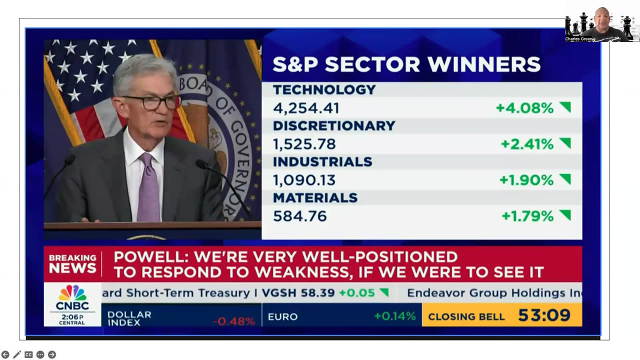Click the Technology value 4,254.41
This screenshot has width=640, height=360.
[x=306, y=108]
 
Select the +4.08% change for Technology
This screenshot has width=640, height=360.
[x=524, y=108]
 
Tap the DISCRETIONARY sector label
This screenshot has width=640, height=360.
[x=334, y=125]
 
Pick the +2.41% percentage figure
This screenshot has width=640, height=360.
[x=527, y=144]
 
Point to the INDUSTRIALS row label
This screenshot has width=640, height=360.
[x=322, y=162]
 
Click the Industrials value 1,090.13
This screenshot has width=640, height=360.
[x=304, y=180]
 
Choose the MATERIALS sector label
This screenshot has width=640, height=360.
[x=315, y=198]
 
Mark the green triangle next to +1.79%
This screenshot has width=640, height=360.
[x=565, y=215]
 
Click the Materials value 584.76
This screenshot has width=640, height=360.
[x=299, y=216]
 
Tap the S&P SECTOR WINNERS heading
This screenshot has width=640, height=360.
[x=406, y=64]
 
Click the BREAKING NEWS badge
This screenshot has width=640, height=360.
[x=72, y=263]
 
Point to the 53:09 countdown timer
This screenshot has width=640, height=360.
[x=544, y=315]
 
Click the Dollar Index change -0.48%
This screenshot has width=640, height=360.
[x=234, y=321]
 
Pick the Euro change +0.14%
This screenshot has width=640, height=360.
[x=394, y=316]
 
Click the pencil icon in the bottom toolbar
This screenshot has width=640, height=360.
[x=17, y=354]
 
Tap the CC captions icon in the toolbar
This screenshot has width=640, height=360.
[x=28, y=354]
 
